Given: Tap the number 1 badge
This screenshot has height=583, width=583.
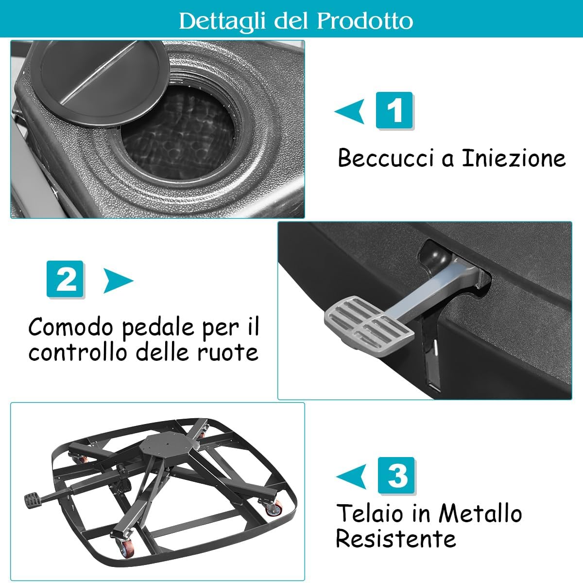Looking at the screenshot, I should pyautogui.click(x=394, y=110).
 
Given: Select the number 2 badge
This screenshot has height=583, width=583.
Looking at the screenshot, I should pyautogui.click(x=65, y=279).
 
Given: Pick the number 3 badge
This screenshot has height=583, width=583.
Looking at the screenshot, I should pyautogui.click(x=396, y=476).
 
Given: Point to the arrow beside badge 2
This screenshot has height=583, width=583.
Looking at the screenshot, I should pyautogui.click(x=118, y=280).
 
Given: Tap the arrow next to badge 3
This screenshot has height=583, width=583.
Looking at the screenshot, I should pyautogui.click(x=351, y=476).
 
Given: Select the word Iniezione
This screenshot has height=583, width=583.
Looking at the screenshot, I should pyautogui.click(x=514, y=158).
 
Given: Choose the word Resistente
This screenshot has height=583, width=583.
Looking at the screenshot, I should pyautogui.click(x=396, y=538).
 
